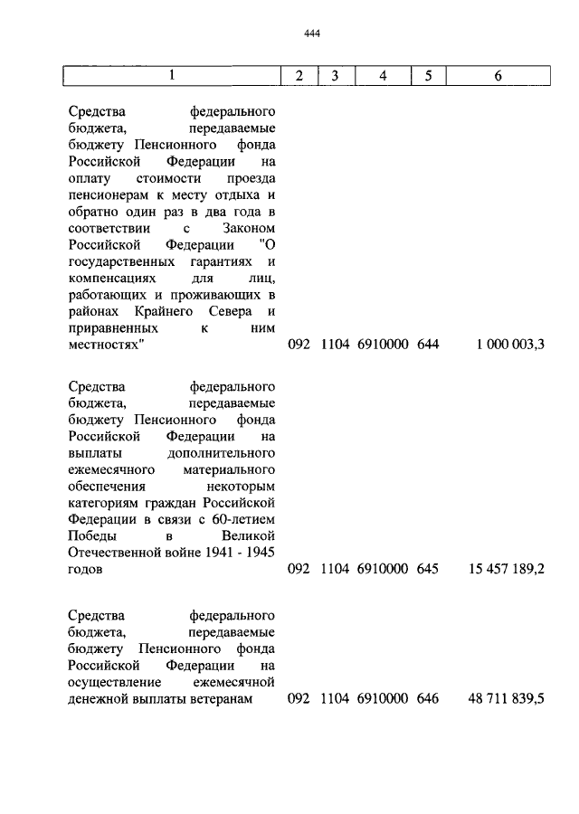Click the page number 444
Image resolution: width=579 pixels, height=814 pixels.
313,34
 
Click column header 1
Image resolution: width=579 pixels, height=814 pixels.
171,76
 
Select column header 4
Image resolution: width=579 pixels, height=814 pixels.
383,76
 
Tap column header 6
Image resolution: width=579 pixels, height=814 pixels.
498,76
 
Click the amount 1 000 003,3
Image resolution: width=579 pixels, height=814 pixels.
508,345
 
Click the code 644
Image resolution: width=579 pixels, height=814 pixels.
428,345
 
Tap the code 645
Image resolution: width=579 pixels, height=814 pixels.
428,570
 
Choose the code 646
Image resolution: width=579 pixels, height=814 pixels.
428,699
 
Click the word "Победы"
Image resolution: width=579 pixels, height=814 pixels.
90,537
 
